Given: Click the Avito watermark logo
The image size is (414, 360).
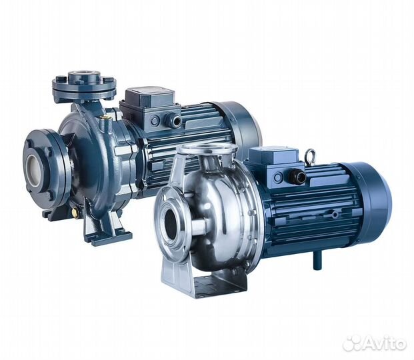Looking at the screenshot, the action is [374, 343].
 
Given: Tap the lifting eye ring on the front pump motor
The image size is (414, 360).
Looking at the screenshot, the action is [310, 154].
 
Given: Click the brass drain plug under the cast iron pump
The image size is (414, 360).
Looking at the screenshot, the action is [75, 211].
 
